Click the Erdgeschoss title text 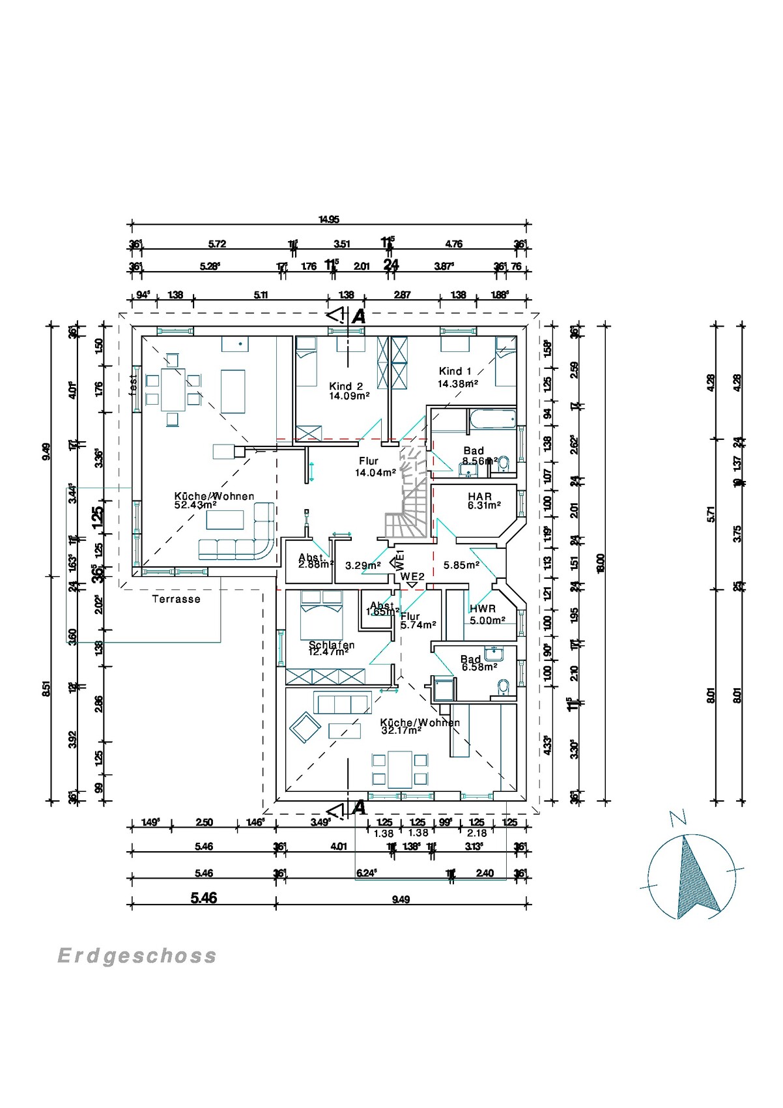click(137, 955)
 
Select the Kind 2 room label click(346, 386)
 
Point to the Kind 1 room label click(455, 371)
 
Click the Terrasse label click(176, 599)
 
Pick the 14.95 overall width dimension click(329, 220)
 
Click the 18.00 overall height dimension click(601, 562)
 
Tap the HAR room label click(479, 497)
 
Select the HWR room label click(482, 608)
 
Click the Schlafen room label click(332, 645)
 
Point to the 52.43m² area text click(195, 504)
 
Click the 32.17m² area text click(401, 731)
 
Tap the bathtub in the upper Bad click(492, 419)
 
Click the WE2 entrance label click(412, 576)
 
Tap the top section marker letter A click(359, 317)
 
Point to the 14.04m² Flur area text click(375, 473)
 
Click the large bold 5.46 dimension click(203, 898)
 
